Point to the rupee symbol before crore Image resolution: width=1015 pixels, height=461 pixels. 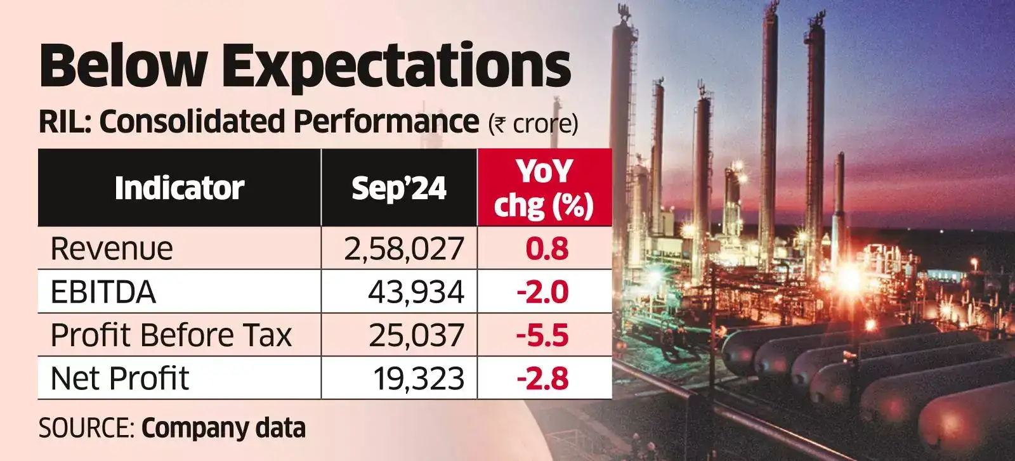pos(499,124)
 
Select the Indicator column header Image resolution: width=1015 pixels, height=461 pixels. pos(180,188)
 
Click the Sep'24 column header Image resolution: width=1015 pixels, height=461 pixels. pos(399,188)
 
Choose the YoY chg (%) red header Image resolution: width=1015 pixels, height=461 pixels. pos(544,188)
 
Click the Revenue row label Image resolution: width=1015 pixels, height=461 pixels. pos(112,249)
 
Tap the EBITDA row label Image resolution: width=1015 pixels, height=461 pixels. pos(103,292)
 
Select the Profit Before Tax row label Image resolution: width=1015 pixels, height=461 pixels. pos(171,335)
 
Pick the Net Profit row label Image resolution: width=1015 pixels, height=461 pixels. pos(120,379)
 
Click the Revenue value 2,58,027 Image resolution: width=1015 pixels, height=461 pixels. pos(404,249)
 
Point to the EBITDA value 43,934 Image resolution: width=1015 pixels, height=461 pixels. pos(416,292)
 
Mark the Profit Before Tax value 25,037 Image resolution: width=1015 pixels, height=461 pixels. pos(416,335)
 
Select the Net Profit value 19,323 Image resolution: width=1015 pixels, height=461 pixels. pos(419,379)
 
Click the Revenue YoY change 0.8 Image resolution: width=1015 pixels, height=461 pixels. pos(547,249)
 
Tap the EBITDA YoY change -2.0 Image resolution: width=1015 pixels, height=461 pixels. pos(542,292)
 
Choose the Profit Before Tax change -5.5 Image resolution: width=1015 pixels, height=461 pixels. pos(542,335)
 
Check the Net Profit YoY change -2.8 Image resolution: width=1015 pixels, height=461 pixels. pos(542,379)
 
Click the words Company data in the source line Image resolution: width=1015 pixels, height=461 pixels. pos(223,428)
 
